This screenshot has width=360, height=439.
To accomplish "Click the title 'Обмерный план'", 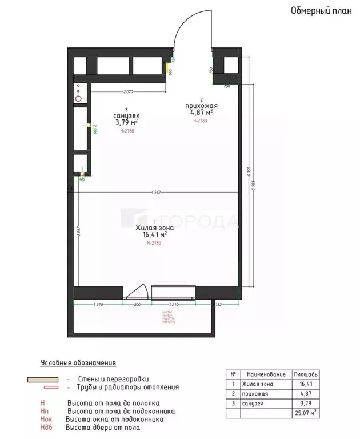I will click(316, 10).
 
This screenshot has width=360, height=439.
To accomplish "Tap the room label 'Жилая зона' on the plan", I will click(151, 228).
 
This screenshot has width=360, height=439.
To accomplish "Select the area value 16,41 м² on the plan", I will click(151, 234).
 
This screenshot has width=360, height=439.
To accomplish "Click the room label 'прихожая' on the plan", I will click(201, 106).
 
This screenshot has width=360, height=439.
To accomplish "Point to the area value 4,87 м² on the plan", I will click(201, 113).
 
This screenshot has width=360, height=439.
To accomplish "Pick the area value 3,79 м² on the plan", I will click(126, 122).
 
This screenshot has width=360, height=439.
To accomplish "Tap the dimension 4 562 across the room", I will click(155, 193).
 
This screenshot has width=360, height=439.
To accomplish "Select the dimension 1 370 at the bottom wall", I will click(97, 305).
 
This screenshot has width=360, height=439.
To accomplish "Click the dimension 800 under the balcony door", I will click(137, 305).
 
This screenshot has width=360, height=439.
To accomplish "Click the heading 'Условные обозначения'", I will click(78, 363).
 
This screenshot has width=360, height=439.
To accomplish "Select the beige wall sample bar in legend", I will click(42, 379).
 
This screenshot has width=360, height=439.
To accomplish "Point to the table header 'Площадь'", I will click(306, 374).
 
